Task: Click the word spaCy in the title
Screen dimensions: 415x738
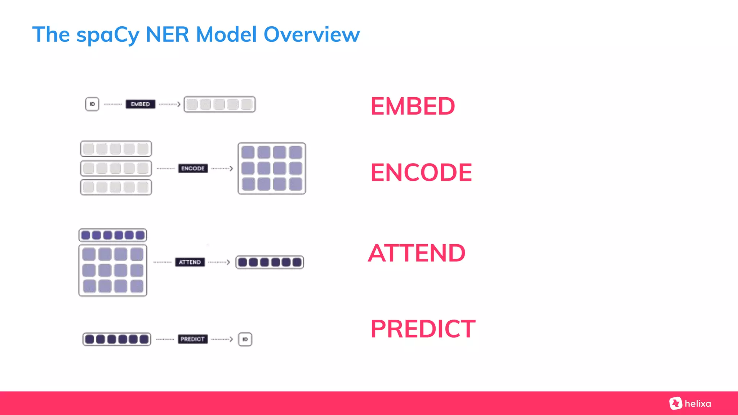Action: click(108, 35)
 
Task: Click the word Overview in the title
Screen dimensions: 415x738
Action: click(312, 35)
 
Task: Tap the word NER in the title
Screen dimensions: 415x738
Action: click(167, 35)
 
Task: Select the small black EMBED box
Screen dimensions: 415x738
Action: click(141, 104)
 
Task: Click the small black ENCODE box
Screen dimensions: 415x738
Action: click(193, 168)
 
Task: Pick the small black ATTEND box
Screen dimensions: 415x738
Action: click(190, 262)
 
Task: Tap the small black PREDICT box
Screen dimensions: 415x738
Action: click(192, 339)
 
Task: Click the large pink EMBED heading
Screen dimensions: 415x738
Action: click(413, 106)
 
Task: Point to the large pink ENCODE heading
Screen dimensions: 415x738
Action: click(421, 173)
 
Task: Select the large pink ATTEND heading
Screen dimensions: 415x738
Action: click(417, 253)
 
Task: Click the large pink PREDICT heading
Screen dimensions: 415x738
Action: click(423, 329)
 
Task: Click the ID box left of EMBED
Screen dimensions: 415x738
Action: click(92, 104)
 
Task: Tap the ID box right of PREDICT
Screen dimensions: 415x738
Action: click(245, 339)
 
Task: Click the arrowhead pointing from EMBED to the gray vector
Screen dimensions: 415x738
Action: click(179, 104)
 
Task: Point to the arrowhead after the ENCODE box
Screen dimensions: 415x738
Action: click(231, 168)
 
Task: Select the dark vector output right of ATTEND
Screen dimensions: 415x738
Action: click(270, 262)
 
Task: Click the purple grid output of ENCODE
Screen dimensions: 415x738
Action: click(272, 168)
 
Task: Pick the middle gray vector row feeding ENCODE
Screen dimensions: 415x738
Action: click(116, 168)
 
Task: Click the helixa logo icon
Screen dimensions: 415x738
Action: click(676, 403)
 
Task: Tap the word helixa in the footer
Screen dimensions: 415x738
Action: click(698, 403)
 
